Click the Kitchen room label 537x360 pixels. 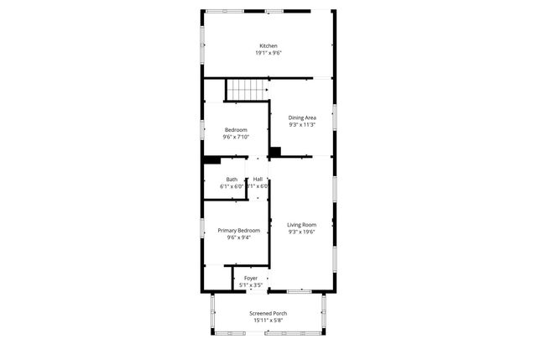pyautogui.click(x=268, y=45)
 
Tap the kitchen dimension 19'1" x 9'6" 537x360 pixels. pyautogui.click(x=268, y=53)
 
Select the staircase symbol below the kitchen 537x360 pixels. pyautogui.click(x=246, y=87)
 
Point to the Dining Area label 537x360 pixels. pyautogui.click(x=301, y=117)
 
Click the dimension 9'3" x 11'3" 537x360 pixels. pyautogui.click(x=301, y=125)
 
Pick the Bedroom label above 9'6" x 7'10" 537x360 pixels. pyautogui.click(x=236, y=129)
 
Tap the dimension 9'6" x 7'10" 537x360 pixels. pyautogui.click(x=236, y=137)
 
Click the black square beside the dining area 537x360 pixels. pyautogui.click(x=274, y=152)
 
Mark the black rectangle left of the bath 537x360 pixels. pyautogui.click(x=211, y=159)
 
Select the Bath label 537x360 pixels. pyautogui.click(x=232, y=179)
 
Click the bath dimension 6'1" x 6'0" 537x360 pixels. pyautogui.click(x=232, y=186)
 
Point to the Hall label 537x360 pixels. pyautogui.click(x=258, y=179)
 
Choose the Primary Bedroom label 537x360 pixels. pyautogui.click(x=238, y=230)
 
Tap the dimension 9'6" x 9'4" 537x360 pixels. pyautogui.click(x=238, y=237)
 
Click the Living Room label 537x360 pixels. pyautogui.click(x=301, y=224)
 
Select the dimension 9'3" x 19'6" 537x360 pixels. pyautogui.click(x=301, y=232)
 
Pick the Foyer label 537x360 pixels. pyautogui.click(x=251, y=278)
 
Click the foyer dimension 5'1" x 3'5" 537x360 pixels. pyautogui.click(x=251, y=285)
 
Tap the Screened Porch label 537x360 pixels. pyautogui.click(x=268, y=313)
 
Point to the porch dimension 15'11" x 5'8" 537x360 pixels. pyautogui.click(x=268, y=321)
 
